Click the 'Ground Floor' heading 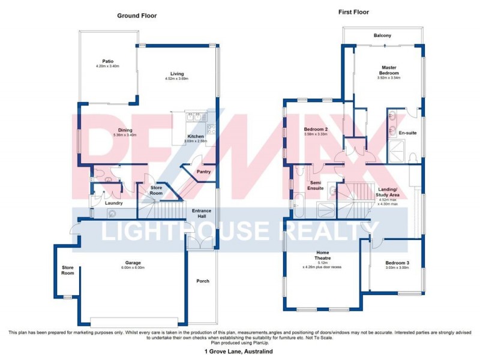[x=136, y=16]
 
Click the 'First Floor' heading [x=353, y=12]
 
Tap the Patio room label [x=107, y=61]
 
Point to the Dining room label [x=125, y=130]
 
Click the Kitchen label [x=196, y=136]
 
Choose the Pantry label [x=204, y=172]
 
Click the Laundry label [x=113, y=203]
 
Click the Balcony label [x=382, y=36]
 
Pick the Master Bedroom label [x=389, y=70]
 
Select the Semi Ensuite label [x=316, y=185]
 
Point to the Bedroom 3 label [x=397, y=263]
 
